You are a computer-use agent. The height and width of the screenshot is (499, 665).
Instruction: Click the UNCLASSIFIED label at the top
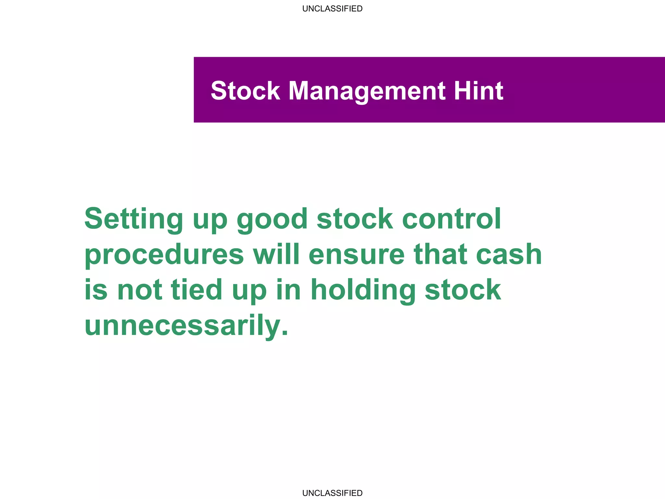332,9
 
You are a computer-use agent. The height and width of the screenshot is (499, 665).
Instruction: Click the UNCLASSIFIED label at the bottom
332,493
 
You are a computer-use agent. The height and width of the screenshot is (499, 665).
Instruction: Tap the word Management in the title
367,91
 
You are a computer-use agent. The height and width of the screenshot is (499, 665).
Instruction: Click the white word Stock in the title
245,91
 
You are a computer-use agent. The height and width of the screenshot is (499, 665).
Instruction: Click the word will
276,254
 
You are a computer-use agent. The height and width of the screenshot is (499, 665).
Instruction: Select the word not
140,290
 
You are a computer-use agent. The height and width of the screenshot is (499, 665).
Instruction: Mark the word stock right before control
355,219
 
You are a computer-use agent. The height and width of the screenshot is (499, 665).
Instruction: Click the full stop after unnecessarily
285,333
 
